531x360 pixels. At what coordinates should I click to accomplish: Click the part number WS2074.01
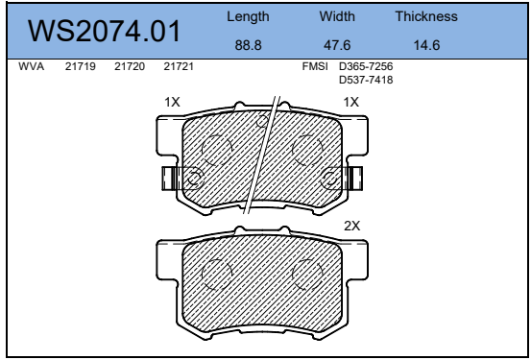pos(104,31)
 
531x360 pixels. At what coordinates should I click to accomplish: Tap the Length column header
pos(248,17)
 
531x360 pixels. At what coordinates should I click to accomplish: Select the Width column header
pos(337,16)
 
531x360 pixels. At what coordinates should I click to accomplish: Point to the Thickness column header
pos(426,16)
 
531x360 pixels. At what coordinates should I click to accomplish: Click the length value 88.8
pos(249,45)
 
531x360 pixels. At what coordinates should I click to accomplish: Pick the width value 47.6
pos(337,45)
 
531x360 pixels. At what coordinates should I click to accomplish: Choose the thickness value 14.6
pos(426,45)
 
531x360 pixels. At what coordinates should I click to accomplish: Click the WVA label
pos(31,66)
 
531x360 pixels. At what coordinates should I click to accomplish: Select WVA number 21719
pos(81,66)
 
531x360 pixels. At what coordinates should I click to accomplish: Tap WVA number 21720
pos(130,66)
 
